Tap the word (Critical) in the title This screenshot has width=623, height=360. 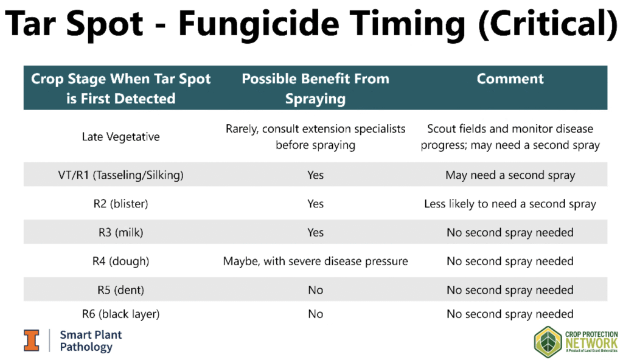click(549, 24)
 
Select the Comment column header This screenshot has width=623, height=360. click(510, 78)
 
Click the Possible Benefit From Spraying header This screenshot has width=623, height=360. click(316, 88)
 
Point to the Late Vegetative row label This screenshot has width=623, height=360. click(121, 137)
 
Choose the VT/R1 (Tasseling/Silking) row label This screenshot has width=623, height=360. click(121, 175)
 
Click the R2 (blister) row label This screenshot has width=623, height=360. click(121, 204)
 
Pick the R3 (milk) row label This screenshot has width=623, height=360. click(121, 232)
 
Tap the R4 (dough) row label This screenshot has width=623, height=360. click(121, 261)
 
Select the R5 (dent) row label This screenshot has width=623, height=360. click(121, 289)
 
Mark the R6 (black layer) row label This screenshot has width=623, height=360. click(121, 314)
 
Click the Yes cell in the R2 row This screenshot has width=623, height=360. click(316, 204)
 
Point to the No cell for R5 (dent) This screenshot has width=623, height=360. click(316, 290)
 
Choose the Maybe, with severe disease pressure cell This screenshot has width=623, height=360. click(316, 261)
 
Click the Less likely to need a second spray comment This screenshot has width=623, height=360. click(510, 204)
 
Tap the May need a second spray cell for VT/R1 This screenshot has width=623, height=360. click(510, 175)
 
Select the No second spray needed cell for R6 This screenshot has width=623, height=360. click(510, 314)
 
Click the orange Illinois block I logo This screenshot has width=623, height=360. click(32, 341)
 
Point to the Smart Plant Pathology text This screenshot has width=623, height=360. click(91, 341)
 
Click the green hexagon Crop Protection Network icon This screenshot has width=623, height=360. click(548, 342)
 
